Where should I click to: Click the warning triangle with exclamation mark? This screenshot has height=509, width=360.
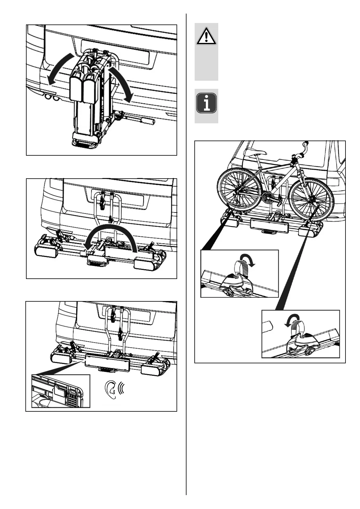tap(206, 36)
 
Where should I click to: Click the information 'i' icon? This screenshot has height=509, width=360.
tap(207, 103)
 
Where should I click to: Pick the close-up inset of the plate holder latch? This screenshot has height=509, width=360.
tap(61, 391)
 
